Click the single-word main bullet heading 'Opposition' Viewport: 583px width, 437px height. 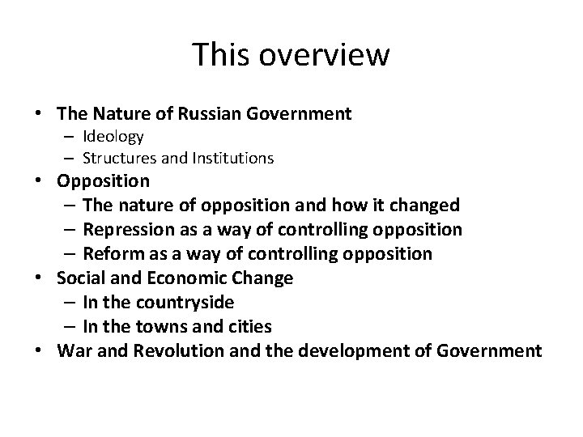point(103,180)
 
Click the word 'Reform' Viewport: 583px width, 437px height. point(112,254)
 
